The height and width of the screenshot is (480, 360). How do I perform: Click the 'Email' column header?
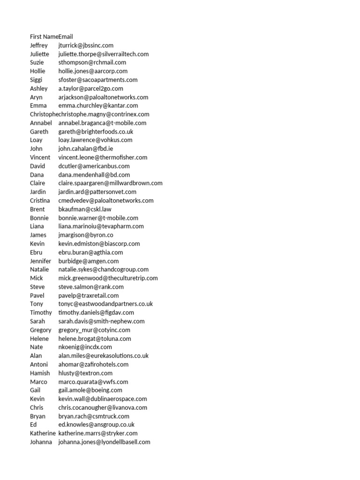pyautogui.click(x=66, y=37)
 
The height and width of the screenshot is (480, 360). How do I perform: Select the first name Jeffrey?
pyautogui.click(x=39, y=45)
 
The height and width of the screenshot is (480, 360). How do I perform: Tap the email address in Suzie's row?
pyautogui.click(x=92, y=62)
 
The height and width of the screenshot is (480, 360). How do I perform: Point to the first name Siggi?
pyautogui.click(x=36, y=80)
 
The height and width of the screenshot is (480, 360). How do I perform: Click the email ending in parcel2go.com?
pyautogui.click(x=91, y=89)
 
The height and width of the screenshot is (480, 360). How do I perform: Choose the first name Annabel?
pyautogui.click(x=41, y=123)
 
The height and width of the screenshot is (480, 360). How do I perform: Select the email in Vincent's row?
pyautogui.click(x=103, y=157)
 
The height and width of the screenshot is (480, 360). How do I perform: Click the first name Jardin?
pyautogui.click(x=38, y=192)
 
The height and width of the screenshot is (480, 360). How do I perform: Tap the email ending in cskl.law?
pyautogui.click(x=85, y=209)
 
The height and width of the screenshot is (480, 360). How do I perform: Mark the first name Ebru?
pyautogui.click(x=36, y=252)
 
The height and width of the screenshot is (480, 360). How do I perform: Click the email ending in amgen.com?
pyautogui.click(x=89, y=261)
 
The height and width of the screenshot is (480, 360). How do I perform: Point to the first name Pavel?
pyautogui.click(x=37, y=295)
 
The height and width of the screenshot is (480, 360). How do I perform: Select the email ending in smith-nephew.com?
pyautogui.click(x=101, y=321)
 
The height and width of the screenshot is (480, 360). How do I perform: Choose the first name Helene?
pyautogui.click(x=39, y=338)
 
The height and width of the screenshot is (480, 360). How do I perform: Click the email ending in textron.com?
pyautogui.click(x=86, y=373)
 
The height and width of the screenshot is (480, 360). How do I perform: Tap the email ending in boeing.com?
pyautogui.click(x=90, y=390)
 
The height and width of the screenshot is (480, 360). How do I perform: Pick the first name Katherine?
pyautogui.click(x=43, y=433)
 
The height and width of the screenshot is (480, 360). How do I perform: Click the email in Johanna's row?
pyautogui.click(x=104, y=442)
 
